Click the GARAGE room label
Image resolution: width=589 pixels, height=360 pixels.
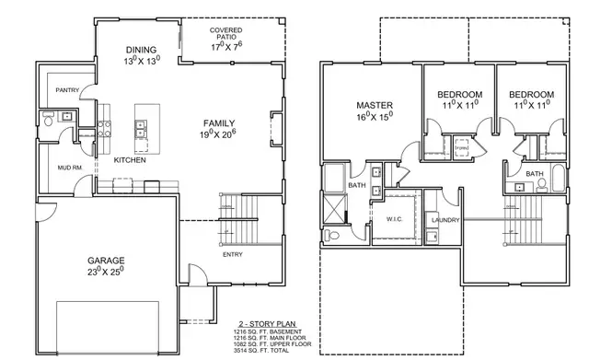(x=108, y=261)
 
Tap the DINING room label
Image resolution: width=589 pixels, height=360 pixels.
(x=142, y=50)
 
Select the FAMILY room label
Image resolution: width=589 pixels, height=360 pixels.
(x=220, y=122)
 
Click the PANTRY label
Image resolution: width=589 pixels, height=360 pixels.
(x=65, y=89)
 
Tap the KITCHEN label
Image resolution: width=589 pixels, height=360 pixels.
(x=130, y=160)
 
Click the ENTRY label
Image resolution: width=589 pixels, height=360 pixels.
(x=234, y=254)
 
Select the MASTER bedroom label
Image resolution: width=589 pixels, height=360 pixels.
(x=375, y=106)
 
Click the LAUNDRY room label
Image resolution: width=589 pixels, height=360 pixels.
(x=445, y=221)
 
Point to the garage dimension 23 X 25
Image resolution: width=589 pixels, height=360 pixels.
(x=106, y=273)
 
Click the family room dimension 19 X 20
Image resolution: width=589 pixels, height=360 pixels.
(x=220, y=134)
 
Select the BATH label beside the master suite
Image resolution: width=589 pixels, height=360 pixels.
(x=357, y=185)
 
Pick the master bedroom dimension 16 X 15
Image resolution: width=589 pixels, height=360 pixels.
(x=375, y=117)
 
